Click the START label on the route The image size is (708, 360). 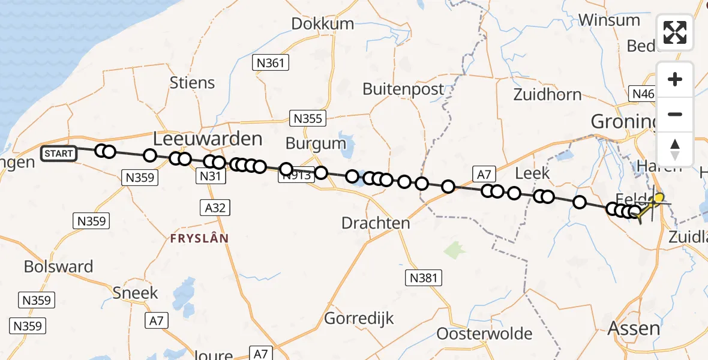(x=59, y=154)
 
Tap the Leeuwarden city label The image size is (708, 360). (x=208, y=139)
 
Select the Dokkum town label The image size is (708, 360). (x=323, y=23)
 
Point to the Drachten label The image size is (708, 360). (x=376, y=223)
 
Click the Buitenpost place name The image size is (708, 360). (x=403, y=89)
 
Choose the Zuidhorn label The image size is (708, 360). (x=547, y=94)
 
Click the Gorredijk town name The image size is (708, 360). (x=359, y=318)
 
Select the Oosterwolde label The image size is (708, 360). (x=484, y=334)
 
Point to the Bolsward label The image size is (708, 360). (x=59, y=266)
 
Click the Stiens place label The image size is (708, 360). (x=192, y=82)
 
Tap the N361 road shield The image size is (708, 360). (x=271, y=62)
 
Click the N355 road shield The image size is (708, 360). (x=307, y=118)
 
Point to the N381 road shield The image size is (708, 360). (x=423, y=278)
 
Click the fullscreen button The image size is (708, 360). (x=675, y=32)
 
